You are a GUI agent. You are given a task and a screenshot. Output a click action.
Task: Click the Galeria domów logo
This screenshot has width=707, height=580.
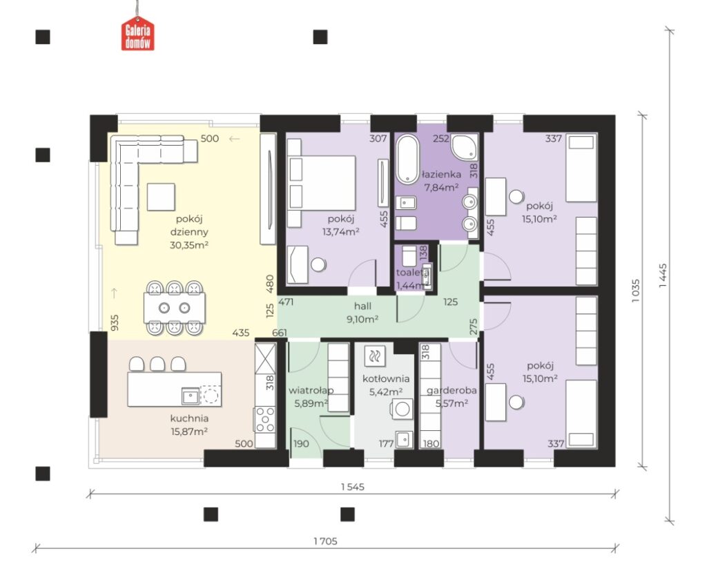pyautogui.click(x=137, y=33)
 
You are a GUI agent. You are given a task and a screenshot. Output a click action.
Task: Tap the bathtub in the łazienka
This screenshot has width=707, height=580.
pyautogui.click(x=407, y=159)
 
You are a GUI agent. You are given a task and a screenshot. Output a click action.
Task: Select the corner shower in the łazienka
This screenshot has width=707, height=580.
pyautogui.click(x=465, y=146)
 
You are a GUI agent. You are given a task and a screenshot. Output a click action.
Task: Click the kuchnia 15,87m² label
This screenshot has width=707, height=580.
pyautogui.click(x=189, y=425)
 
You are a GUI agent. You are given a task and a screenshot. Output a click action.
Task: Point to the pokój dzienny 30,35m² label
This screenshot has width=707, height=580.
pyautogui.click(x=189, y=232)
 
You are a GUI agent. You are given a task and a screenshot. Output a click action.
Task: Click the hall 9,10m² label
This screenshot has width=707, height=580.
pyautogui.click(x=362, y=313)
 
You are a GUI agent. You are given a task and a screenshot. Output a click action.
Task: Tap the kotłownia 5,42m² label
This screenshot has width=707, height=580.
pyautogui.click(x=386, y=385)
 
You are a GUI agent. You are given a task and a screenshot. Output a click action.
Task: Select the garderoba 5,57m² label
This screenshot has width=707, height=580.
pyautogui.click(x=452, y=396)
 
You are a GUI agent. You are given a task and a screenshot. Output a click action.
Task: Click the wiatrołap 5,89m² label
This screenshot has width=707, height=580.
pyautogui.click(x=311, y=396)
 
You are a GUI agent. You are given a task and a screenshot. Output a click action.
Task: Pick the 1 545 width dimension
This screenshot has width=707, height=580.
pyautogui.click(x=353, y=487)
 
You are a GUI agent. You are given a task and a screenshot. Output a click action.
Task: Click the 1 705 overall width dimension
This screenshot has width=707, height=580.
pyautogui.click(x=326, y=541)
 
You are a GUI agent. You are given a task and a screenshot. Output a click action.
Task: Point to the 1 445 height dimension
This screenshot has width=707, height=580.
pyautogui.click(x=662, y=275)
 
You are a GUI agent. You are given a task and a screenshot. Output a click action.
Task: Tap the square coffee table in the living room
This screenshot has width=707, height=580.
pyautogui.click(x=161, y=197)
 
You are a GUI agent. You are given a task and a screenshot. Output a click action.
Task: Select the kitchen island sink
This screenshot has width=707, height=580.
pyautogui.click(x=191, y=396)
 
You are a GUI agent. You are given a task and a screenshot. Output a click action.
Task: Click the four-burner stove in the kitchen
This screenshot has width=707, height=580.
pyautogui.click(x=265, y=419)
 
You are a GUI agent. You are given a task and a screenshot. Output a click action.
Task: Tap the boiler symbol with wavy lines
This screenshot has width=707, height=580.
pyautogui.click(x=374, y=356)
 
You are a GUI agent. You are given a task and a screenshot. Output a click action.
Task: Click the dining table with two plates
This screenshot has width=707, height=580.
pyautogui.click(x=175, y=308)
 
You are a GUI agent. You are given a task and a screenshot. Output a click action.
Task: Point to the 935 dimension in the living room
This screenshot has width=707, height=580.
pyautogui.click(x=115, y=322)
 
